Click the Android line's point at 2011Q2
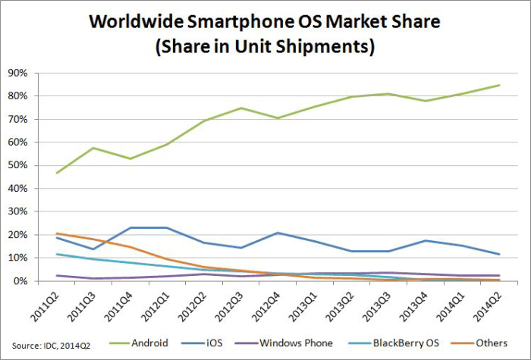(x=58, y=173)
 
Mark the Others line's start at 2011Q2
(x=58, y=233)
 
